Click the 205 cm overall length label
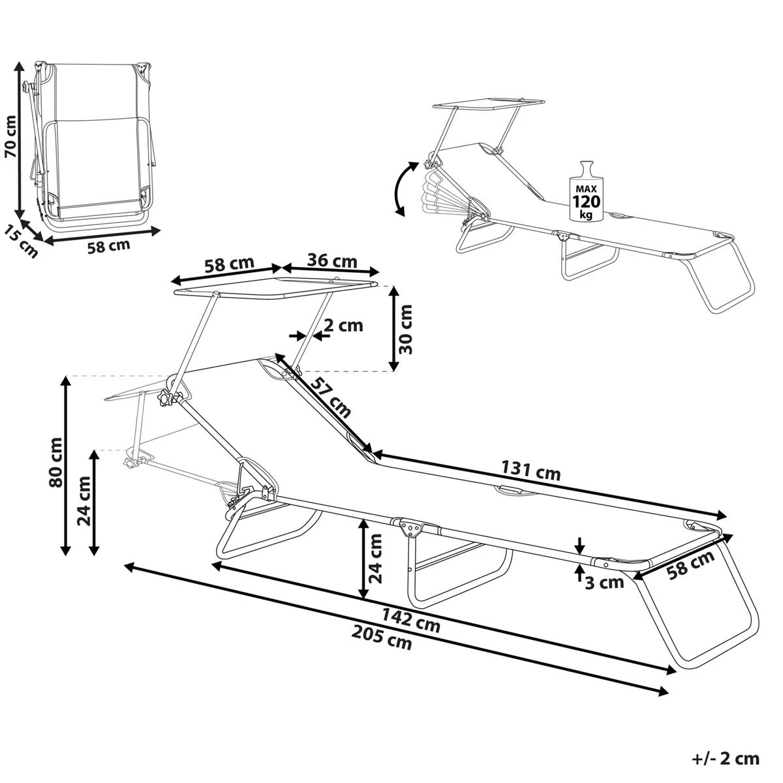382,637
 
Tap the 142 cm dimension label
410,621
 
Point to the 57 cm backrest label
330,398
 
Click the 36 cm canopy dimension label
332,261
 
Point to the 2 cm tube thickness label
343,324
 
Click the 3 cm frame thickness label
604,583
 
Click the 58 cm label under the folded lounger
108,247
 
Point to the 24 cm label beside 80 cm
84,501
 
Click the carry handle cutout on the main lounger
512,489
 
